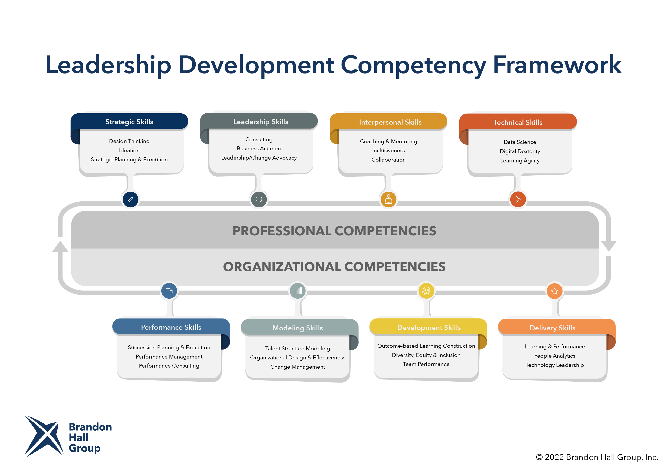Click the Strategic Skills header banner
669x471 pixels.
(x=129, y=121)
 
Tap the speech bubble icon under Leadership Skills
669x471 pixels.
(x=259, y=199)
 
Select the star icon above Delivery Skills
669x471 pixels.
(x=555, y=291)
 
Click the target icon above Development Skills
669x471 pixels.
(x=426, y=291)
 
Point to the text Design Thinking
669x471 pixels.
(x=129, y=141)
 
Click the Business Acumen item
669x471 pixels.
(x=259, y=148)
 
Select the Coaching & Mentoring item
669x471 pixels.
(x=388, y=141)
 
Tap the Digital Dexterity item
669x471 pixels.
(x=520, y=151)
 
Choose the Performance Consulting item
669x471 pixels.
(x=169, y=366)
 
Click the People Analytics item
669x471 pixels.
(x=555, y=356)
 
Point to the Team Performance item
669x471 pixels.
(x=426, y=364)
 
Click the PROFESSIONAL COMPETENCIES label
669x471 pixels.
(x=334, y=231)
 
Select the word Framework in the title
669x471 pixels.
(x=557, y=65)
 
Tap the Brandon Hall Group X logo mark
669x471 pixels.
(x=44, y=436)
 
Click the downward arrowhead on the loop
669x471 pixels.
(x=609, y=246)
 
